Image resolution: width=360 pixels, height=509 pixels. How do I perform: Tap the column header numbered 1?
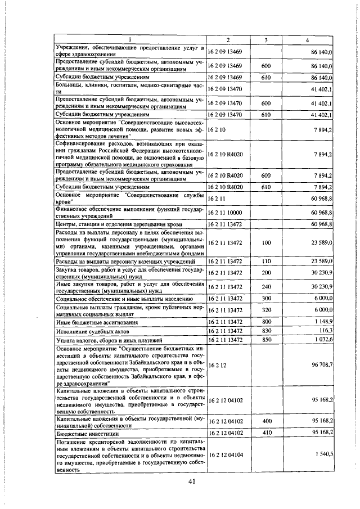click(129, 40)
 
